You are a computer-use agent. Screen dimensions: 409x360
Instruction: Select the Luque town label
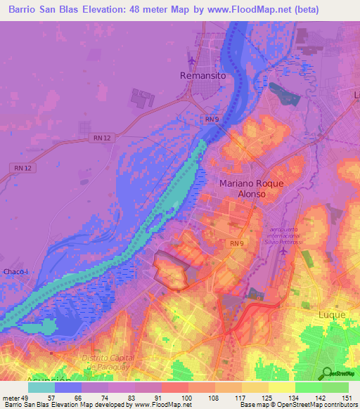(333, 315)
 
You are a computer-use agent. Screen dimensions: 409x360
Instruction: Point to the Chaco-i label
(15, 252)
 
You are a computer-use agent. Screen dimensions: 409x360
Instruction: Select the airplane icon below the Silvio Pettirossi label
(283, 251)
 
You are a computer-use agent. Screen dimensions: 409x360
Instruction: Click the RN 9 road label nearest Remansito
(212, 120)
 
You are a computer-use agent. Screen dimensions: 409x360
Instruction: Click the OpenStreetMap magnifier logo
(326, 373)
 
